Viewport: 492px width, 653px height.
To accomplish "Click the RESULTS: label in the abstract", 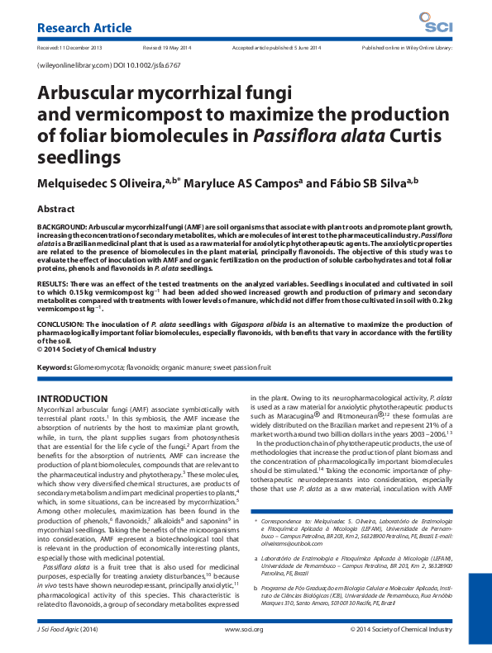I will point(55,283).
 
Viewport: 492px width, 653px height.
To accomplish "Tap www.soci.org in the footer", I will point(243,629).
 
